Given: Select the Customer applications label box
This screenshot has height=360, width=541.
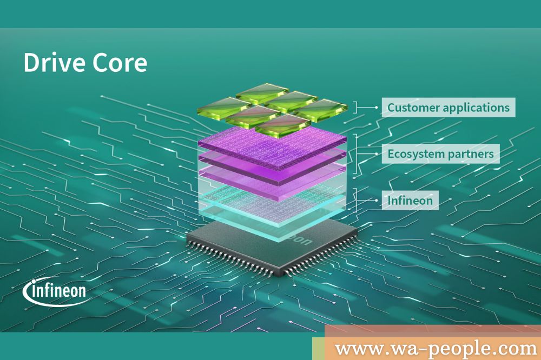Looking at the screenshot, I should click(448, 107).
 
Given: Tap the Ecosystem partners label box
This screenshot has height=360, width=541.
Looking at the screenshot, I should click(440, 154).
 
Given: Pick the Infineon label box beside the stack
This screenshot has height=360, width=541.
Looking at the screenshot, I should click(410, 201).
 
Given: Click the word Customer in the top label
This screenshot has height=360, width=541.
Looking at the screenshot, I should click(413, 107).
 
